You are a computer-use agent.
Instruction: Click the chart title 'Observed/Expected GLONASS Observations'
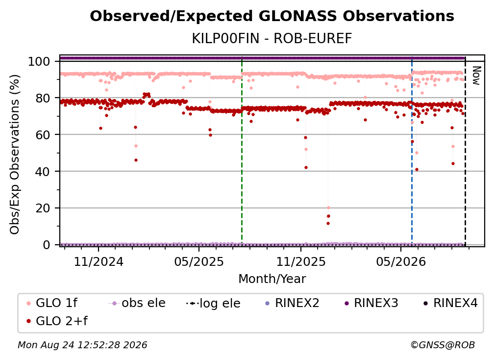[x=272, y=16]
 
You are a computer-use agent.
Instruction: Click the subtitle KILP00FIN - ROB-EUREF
[x=272, y=39]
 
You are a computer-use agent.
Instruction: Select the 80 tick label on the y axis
[x=43, y=98]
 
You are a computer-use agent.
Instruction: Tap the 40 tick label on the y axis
[x=43, y=172]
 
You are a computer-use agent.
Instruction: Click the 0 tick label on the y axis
[x=46, y=245]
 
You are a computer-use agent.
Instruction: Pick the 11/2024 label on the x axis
[x=99, y=261]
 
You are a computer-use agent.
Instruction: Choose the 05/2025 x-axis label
[x=199, y=261]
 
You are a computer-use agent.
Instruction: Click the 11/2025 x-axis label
[x=301, y=261]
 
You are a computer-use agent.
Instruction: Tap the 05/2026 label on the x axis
[x=401, y=261]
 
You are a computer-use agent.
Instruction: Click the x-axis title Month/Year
[x=272, y=279]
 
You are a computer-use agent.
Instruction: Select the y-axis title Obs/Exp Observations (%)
[x=15, y=154]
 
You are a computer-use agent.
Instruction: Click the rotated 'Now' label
[x=476, y=76]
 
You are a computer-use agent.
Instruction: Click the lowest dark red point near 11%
[x=328, y=224]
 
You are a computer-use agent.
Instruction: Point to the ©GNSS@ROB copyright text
[x=443, y=345]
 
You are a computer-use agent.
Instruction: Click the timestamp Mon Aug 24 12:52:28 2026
[x=82, y=345]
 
